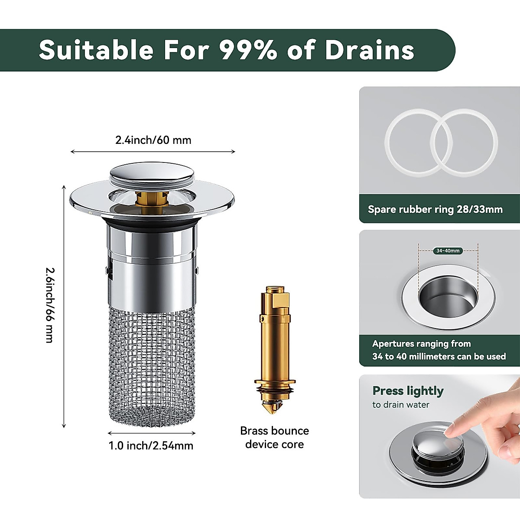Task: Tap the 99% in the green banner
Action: click(248, 50)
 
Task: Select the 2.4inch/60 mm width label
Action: click(153, 140)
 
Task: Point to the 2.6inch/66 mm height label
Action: click(50, 305)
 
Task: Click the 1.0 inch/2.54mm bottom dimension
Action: click(151, 445)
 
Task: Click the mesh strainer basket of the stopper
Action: click(151, 364)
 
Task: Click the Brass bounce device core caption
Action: click(274, 437)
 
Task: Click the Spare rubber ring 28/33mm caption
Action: click(435, 209)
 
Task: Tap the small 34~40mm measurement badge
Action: click(448, 250)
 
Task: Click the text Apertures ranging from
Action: click(421, 344)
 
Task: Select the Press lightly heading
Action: click(408, 391)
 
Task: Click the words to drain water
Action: click(400, 405)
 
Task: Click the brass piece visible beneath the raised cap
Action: click(152, 200)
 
